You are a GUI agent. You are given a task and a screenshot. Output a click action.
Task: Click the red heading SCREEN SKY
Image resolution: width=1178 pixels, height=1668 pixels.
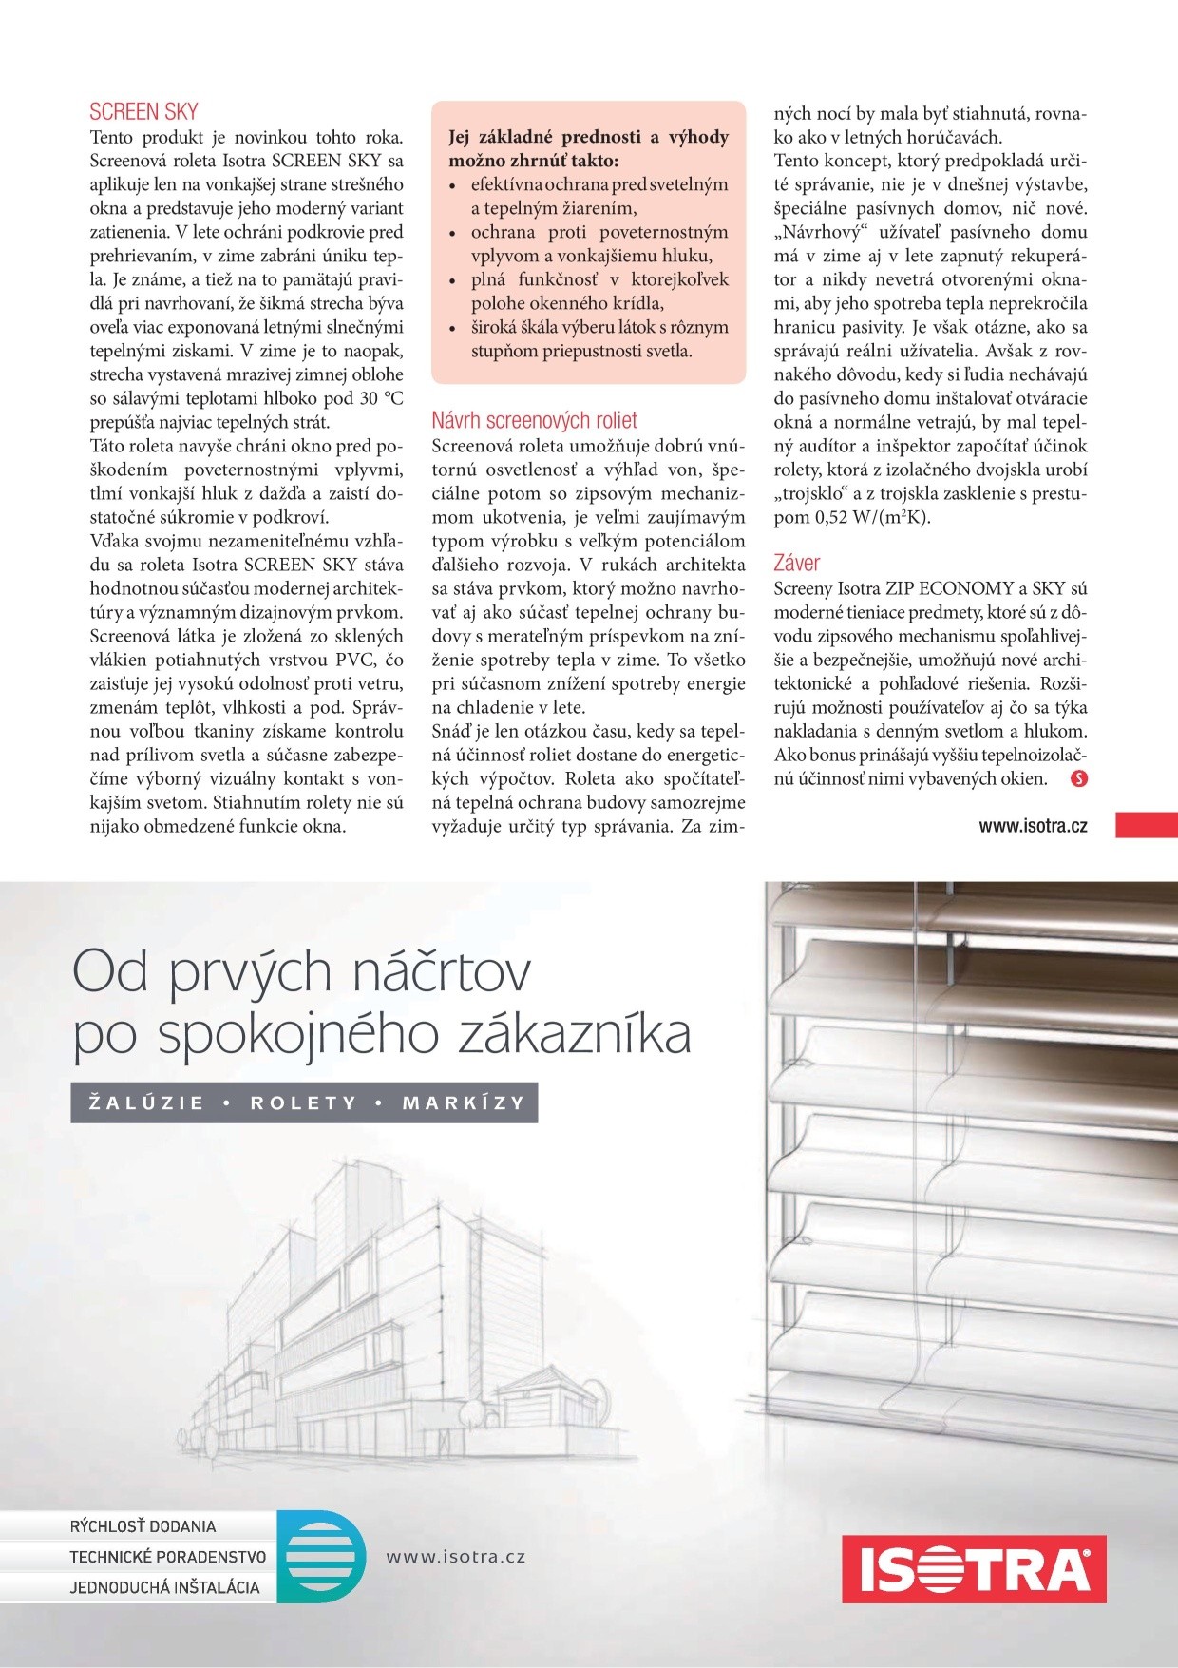click(x=143, y=111)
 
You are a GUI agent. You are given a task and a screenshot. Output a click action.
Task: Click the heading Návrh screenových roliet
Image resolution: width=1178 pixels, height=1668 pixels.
click(x=534, y=420)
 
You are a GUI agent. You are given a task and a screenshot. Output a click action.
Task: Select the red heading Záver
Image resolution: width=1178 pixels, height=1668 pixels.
click(x=796, y=563)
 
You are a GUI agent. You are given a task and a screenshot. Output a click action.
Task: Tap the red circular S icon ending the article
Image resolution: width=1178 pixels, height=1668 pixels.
click(x=1078, y=779)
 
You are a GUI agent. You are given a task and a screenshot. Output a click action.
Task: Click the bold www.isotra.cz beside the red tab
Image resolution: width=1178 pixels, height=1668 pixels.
click(x=1033, y=826)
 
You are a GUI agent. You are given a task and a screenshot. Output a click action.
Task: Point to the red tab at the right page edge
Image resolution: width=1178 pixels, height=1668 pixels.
click(x=1147, y=825)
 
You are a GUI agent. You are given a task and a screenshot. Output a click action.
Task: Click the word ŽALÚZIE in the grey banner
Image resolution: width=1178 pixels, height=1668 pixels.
click(x=147, y=1103)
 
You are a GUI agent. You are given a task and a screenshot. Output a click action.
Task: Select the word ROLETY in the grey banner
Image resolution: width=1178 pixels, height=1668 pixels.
click(x=303, y=1103)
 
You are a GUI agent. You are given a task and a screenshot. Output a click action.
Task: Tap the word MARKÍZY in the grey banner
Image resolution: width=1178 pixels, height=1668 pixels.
click(x=464, y=1103)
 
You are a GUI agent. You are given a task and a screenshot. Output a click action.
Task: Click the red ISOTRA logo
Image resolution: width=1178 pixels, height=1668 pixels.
click(x=974, y=1568)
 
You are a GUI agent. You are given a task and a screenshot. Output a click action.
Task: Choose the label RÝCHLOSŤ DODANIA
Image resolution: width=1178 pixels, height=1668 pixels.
click(x=142, y=1526)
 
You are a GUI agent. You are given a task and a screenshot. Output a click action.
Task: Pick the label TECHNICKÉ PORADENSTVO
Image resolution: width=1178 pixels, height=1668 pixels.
click(x=167, y=1558)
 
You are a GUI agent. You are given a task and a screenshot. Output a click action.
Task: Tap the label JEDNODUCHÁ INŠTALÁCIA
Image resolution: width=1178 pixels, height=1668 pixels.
click(x=163, y=1587)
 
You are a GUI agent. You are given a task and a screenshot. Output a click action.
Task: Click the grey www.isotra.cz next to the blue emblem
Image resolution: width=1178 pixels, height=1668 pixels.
click(x=455, y=1557)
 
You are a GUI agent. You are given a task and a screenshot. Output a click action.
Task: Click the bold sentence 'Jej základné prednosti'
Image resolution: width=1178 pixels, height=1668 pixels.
click(x=588, y=148)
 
